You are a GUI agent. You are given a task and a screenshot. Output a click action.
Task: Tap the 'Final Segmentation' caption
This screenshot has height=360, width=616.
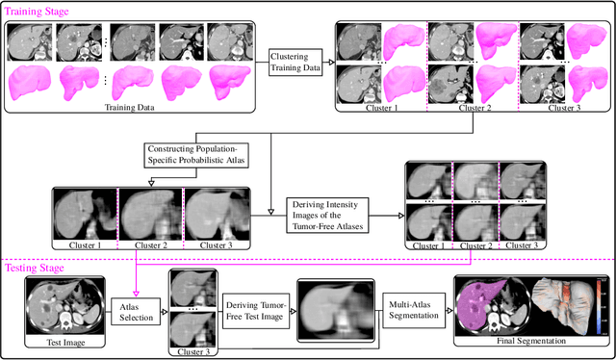click(x=528, y=340)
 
